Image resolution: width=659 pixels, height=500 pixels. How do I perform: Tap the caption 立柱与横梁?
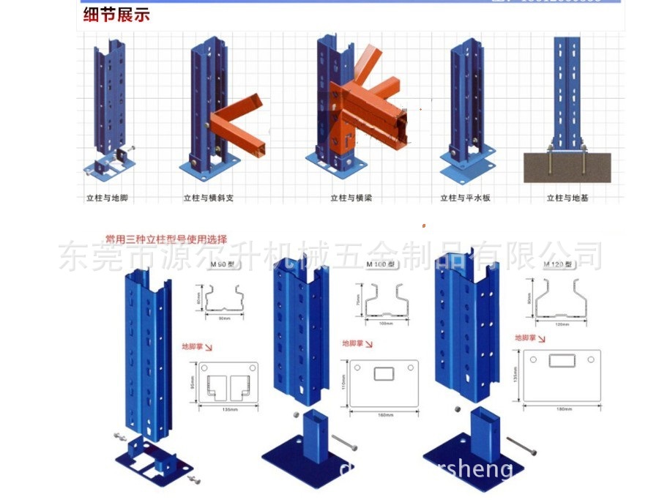pyautogui.click(x=352, y=198)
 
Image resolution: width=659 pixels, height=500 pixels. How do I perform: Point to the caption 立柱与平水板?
pyautogui.click(x=464, y=198)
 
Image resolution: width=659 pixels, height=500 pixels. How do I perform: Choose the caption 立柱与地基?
pyautogui.click(x=568, y=198)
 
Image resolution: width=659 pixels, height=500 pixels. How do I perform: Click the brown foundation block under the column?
pyautogui.click(x=569, y=167)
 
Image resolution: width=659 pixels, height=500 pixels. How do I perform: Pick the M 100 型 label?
pyautogui.click(x=381, y=264)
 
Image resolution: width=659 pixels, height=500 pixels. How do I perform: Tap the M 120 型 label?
pyautogui.click(x=558, y=264)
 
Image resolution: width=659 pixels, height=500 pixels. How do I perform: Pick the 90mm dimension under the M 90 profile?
pyautogui.click(x=223, y=318)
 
